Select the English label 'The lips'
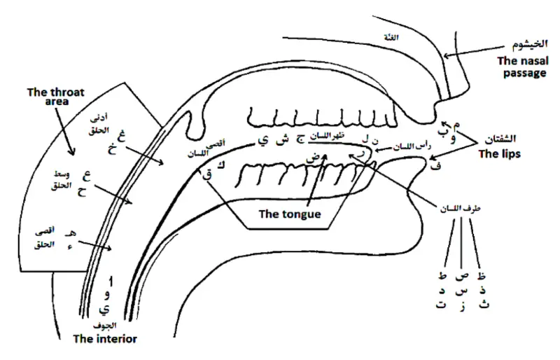499,153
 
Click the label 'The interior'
106,339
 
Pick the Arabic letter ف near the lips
438,166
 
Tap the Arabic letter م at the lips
458,125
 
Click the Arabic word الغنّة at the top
393,37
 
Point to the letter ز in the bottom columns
462,305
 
